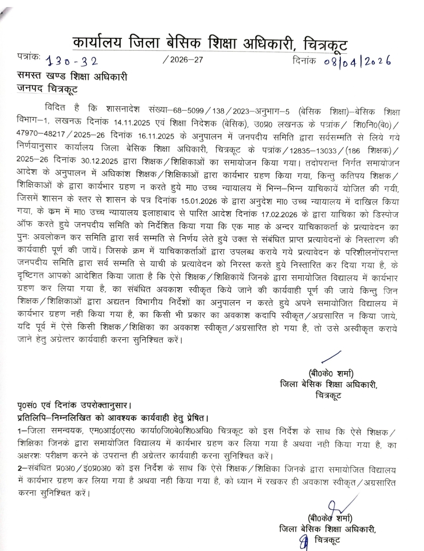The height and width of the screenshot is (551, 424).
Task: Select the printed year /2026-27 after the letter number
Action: (183, 60)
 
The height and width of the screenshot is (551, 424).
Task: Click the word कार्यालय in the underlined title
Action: (96, 42)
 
